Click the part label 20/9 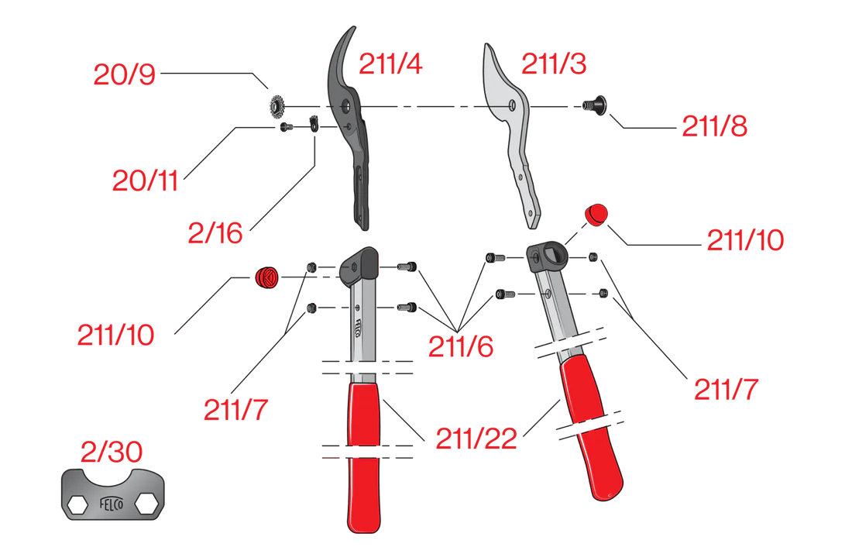(x=125, y=74)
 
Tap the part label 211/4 (x=390, y=64)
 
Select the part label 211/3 (x=554, y=64)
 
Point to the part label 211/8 (x=715, y=126)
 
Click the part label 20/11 (x=145, y=181)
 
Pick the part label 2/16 (x=215, y=233)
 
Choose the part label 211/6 (x=461, y=346)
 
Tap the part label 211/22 (x=476, y=439)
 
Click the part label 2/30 (x=112, y=451)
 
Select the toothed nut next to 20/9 (x=277, y=106)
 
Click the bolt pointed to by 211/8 (x=594, y=105)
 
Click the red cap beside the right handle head (x=596, y=215)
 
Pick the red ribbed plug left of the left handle (x=266, y=278)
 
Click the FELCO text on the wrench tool (x=112, y=504)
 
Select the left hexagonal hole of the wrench (x=77, y=504)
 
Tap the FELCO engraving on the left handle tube (x=358, y=328)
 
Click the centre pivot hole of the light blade (x=512, y=105)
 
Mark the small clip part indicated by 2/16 (x=314, y=124)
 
